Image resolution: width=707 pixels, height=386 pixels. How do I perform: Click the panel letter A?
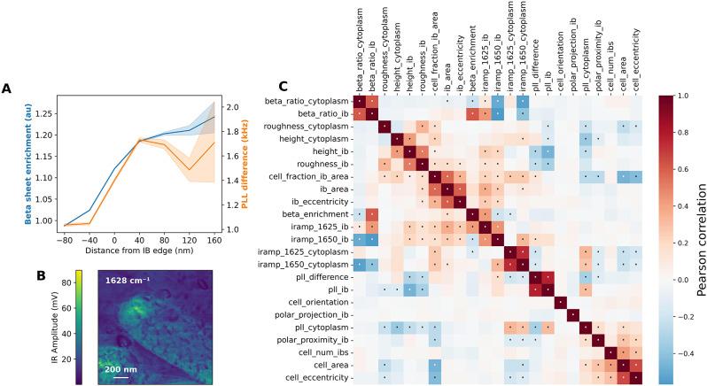[x=8, y=88]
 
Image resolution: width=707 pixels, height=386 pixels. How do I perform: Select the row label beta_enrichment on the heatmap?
[x=318, y=214]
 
